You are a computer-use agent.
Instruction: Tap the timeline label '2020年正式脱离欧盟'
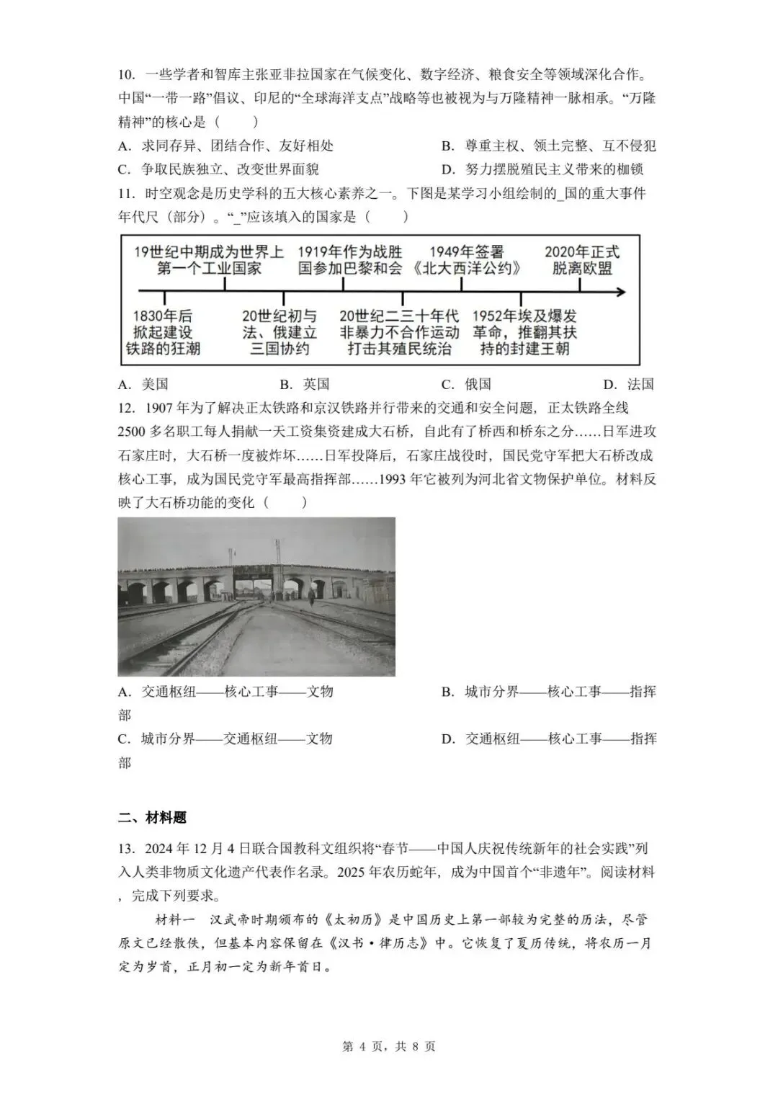(x=581, y=260)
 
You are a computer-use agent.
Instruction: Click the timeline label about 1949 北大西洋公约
(x=466, y=260)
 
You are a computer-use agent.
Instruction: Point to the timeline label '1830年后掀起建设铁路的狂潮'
(x=164, y=332)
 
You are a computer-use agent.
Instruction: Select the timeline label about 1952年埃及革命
(x=524, y=332)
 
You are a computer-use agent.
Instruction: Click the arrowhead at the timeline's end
(x=620, y=292)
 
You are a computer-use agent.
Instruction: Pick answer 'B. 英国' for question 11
(x=304, y=384)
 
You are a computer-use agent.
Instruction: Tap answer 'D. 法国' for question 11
(x=628, y=384)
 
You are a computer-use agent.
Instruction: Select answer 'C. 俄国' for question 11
(x=466, y=384)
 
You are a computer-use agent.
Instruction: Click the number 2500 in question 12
(x=133, y=432)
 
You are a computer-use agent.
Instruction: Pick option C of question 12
(x=225, y=739)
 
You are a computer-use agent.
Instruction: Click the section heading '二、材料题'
(x=152, y=817)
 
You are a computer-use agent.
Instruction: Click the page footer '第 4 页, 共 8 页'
(x=388, y=1046)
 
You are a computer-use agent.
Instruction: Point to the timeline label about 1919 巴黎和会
(x=350, y=260)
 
